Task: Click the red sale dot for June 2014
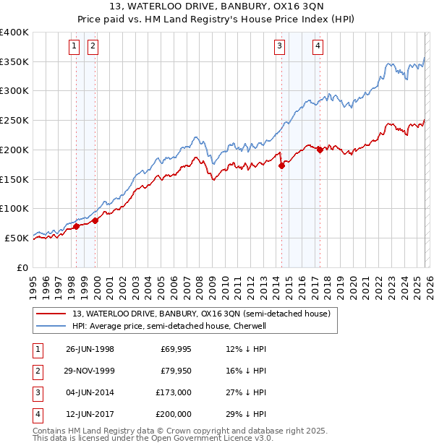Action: [x=281, y=165]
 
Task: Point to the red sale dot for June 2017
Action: [x=320, y=150]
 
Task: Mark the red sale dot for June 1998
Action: [x=77, y=226]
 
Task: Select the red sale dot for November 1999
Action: [x=95, y=220]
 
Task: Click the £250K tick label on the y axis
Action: [x=14, y=121]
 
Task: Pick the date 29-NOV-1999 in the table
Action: [x=90, y=371]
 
